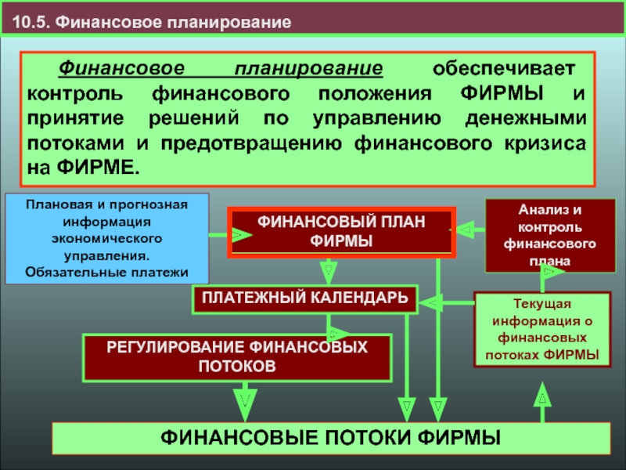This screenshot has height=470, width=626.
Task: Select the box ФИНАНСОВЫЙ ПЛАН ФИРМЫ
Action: [x=341, y=232]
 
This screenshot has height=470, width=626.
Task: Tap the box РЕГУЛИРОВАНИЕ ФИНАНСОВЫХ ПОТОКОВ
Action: [x=237, y=356]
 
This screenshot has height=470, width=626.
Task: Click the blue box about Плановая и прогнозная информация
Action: [x=106, y=238]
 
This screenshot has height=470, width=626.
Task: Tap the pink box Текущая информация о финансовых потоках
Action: [x=542, y=331]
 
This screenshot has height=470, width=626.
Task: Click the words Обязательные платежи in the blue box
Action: [x=106, y=271]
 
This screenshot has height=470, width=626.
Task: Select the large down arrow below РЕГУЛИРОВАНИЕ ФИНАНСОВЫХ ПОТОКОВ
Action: [x=245, y=400]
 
